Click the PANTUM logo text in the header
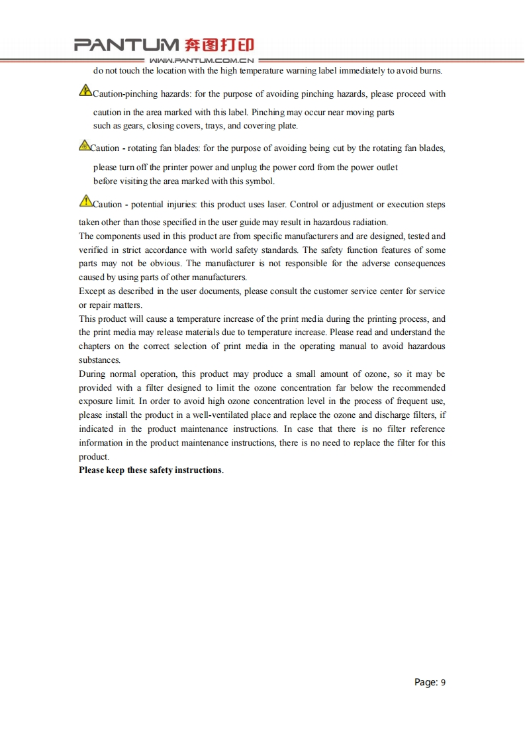(126, 45)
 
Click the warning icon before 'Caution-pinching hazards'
(85, 90)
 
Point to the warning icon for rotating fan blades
(84, 145)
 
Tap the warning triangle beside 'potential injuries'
(85, 201)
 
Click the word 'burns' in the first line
(431, 71)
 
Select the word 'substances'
(99, 360)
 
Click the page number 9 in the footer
(443, 683)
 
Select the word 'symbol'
(259, 181)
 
